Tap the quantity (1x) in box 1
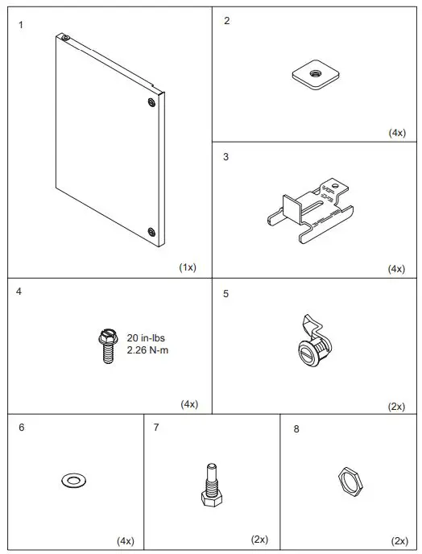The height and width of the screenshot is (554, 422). point(188,267)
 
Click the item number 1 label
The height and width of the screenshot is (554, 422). point(21,25)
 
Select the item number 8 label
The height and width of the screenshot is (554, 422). point(296,429)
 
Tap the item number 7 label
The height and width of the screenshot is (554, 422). point(155,427)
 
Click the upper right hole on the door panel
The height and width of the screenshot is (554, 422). point(151,102)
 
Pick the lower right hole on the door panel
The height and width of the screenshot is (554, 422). point(151,232)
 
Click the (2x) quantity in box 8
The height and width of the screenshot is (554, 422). point(399,540)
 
